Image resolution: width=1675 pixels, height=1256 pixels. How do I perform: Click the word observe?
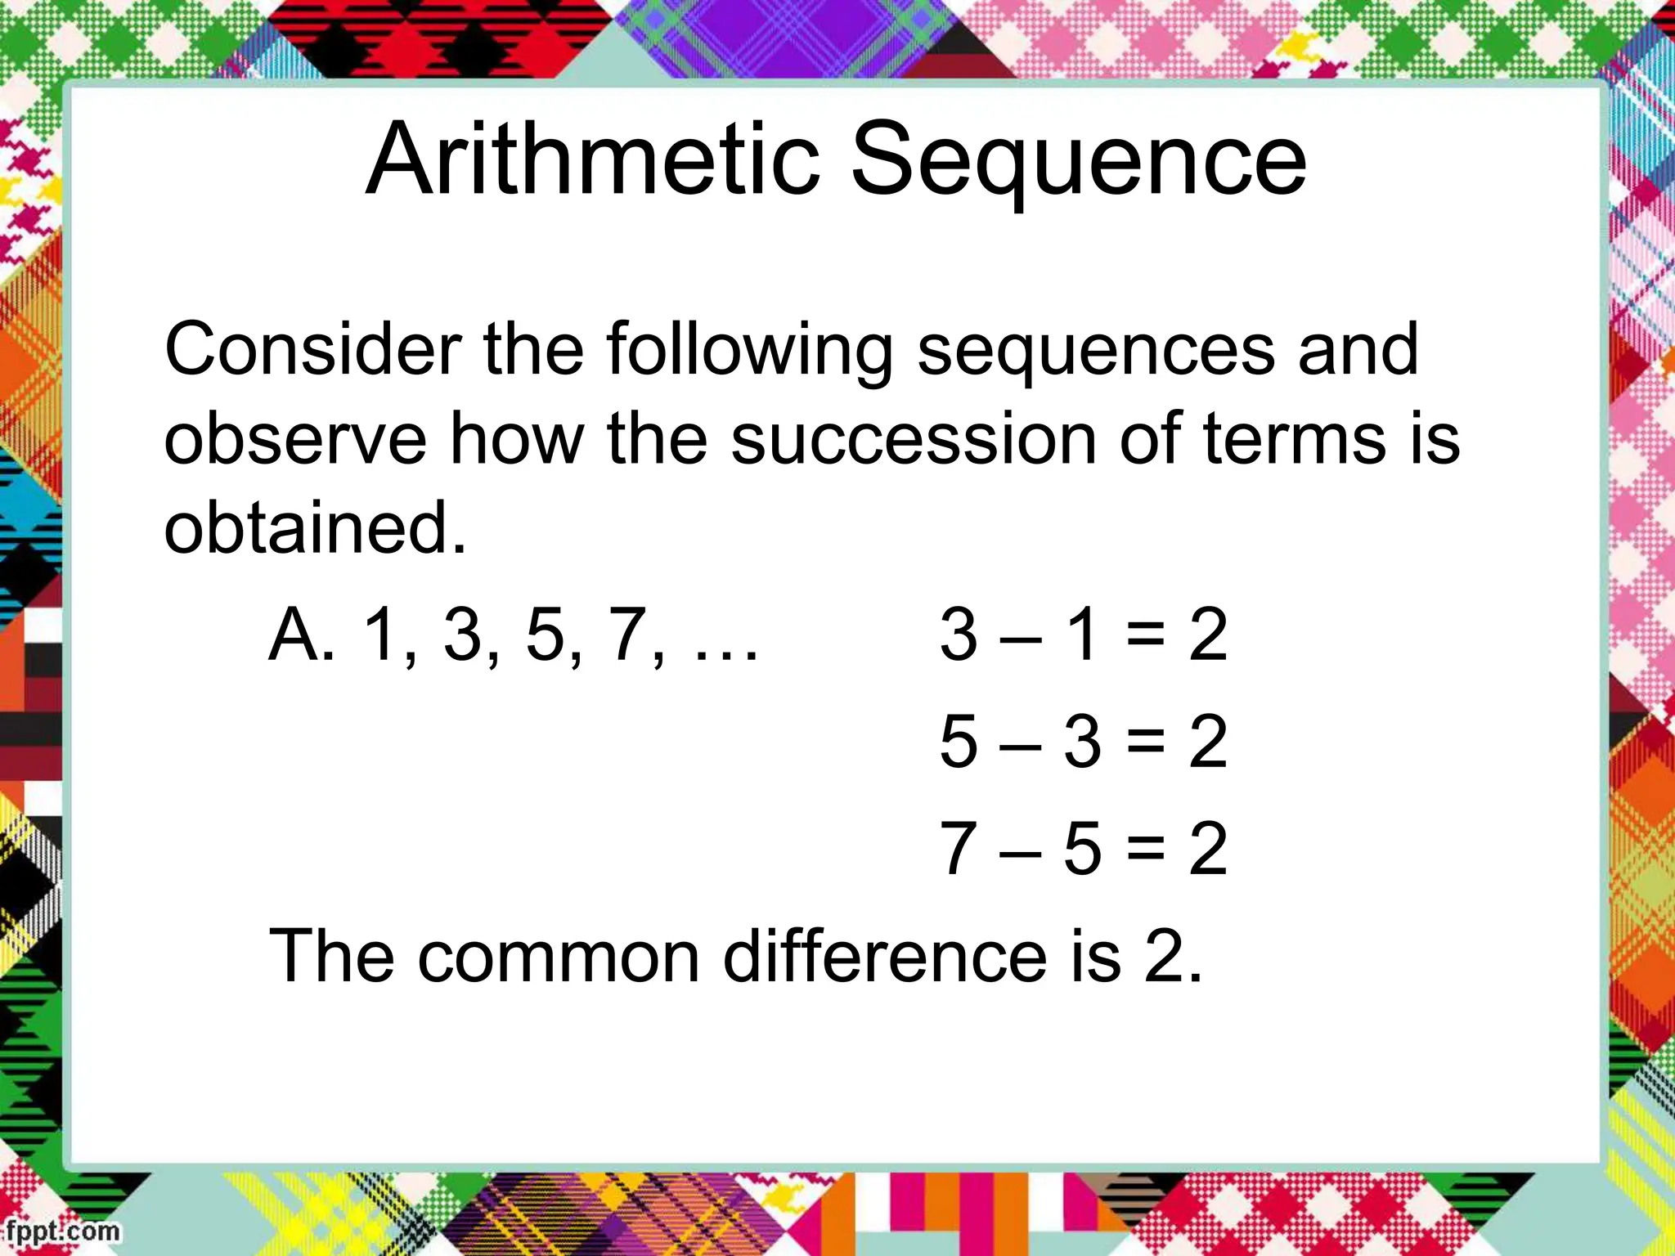pyautogui.click(x=294, y=439)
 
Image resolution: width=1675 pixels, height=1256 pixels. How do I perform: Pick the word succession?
pyautogui.click(x=913, y=439)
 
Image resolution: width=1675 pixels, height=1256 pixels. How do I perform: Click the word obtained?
pyautogui.click(x=315, y=527)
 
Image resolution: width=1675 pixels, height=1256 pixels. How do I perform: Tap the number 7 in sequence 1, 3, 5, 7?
pyautogui.click(x=628, y=635)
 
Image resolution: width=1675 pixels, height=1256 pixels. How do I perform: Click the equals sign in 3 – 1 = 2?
pyautogui.click(x=1145, y=635)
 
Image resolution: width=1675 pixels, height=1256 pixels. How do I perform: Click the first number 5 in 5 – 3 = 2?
pyautogui.click(x=959, y=741)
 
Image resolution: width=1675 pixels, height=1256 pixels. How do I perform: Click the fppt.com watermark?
pyautogui.click(x=61, y=1231)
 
